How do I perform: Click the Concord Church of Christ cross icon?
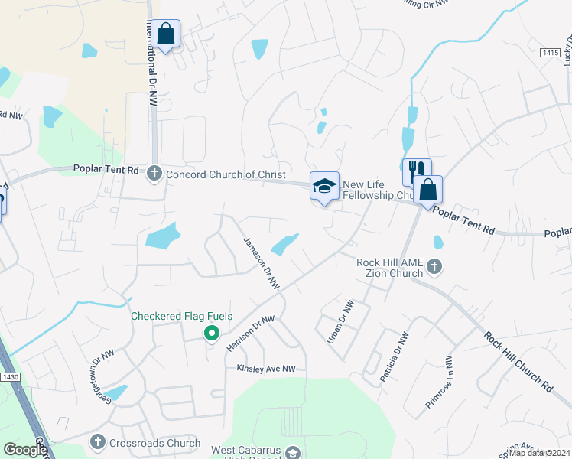point(154,174)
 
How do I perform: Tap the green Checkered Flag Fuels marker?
point(212,333)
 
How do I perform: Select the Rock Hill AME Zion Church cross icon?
point(434,267)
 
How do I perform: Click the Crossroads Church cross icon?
point(97,441)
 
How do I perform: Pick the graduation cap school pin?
point(324,186)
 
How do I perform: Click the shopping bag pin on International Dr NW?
point(165,34)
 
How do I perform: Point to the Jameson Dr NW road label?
point(262,262)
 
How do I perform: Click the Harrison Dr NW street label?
point(250,334)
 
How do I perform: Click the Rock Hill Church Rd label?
point(518,362)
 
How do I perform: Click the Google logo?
point(24,450)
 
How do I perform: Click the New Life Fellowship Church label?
point(377,190)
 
